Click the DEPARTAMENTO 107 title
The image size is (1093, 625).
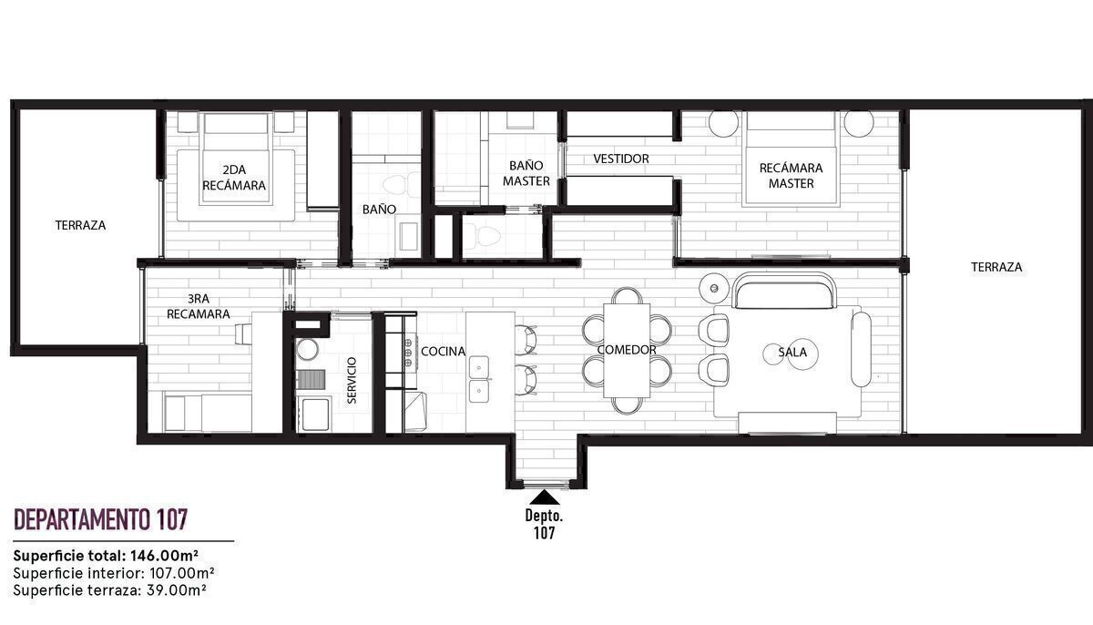click(100, 519)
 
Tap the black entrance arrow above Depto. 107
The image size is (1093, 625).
click(545, 497)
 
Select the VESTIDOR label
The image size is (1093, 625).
click(621, 159)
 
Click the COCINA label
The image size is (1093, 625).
click(443, 352)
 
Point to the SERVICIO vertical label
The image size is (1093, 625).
click(352, 381)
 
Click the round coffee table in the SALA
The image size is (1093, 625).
click(791, 353)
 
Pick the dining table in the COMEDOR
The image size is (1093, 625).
click(627, 351)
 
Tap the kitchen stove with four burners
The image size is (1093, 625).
click(408, 351)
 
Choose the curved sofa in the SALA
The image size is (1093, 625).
click(784, 292)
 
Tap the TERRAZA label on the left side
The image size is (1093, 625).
click(80, 225)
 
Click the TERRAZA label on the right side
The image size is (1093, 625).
click(996, 267)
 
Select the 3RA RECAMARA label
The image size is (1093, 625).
click(199, 306)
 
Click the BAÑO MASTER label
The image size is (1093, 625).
click(526, 173)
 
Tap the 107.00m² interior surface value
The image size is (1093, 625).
click(182, 573)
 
